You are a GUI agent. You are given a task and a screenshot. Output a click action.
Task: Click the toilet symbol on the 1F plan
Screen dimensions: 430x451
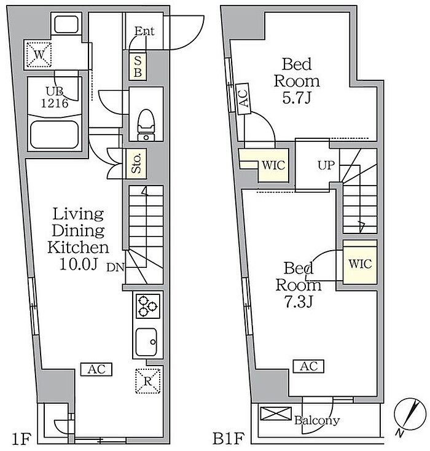[x=146, y=125]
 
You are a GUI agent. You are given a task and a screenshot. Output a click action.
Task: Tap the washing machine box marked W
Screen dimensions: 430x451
[x=39, y=54]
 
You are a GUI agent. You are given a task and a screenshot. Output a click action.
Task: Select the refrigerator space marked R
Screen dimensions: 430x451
[x=148, y=381]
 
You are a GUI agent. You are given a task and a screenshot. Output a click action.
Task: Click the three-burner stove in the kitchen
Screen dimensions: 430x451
[x=148, y=306]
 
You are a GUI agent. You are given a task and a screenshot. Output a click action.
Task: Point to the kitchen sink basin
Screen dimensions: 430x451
[x=146, y=342]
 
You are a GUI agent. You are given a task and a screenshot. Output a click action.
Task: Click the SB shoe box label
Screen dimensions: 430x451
[x=138, y=66]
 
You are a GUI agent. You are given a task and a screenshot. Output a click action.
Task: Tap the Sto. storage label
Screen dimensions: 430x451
[x=136, y=163]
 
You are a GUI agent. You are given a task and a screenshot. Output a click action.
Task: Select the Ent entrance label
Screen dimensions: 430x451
[x=144, y=31]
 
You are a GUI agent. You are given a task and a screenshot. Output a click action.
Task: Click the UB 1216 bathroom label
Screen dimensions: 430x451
[x=55, y=97]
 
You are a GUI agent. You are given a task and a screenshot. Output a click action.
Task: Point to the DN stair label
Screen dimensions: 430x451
[x=115, y=267]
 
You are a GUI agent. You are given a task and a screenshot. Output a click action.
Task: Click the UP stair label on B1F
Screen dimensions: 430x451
[x=326, y=165]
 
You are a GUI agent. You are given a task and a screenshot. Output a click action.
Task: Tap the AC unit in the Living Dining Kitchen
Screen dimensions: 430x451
[x=96, y=369]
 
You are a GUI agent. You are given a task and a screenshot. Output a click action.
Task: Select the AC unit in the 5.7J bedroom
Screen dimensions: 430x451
[x=243, y=99]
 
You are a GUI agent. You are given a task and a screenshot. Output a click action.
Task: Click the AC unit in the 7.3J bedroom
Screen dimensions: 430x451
[x=308, y=366]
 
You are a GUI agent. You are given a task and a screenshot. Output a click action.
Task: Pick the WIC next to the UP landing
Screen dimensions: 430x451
[x=273, y=165]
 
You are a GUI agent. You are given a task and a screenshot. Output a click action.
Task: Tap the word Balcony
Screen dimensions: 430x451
[x=317, y=420]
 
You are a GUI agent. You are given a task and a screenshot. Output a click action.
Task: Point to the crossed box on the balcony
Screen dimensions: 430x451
[x=276, y=414]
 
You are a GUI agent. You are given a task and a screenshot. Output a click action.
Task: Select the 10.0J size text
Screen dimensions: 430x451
[x=79, y=264]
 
